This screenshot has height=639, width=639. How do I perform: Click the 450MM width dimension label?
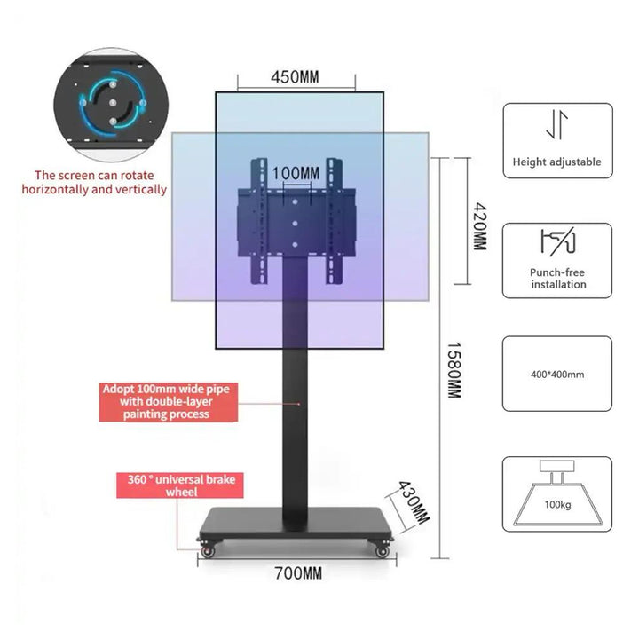point(295,77)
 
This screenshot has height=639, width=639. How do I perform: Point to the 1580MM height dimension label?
point(453,369)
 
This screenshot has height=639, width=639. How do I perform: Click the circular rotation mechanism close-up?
point(112,103)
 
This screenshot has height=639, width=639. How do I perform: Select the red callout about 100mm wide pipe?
point(170,401)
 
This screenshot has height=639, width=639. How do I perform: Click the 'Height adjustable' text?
point(556,162)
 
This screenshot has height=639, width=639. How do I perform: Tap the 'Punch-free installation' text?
point(558,278)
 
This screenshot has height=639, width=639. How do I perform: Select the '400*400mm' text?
point(557,373)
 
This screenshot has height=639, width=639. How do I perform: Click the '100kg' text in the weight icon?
point(557,503)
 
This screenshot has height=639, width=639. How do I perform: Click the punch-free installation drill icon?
point(557,241)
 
